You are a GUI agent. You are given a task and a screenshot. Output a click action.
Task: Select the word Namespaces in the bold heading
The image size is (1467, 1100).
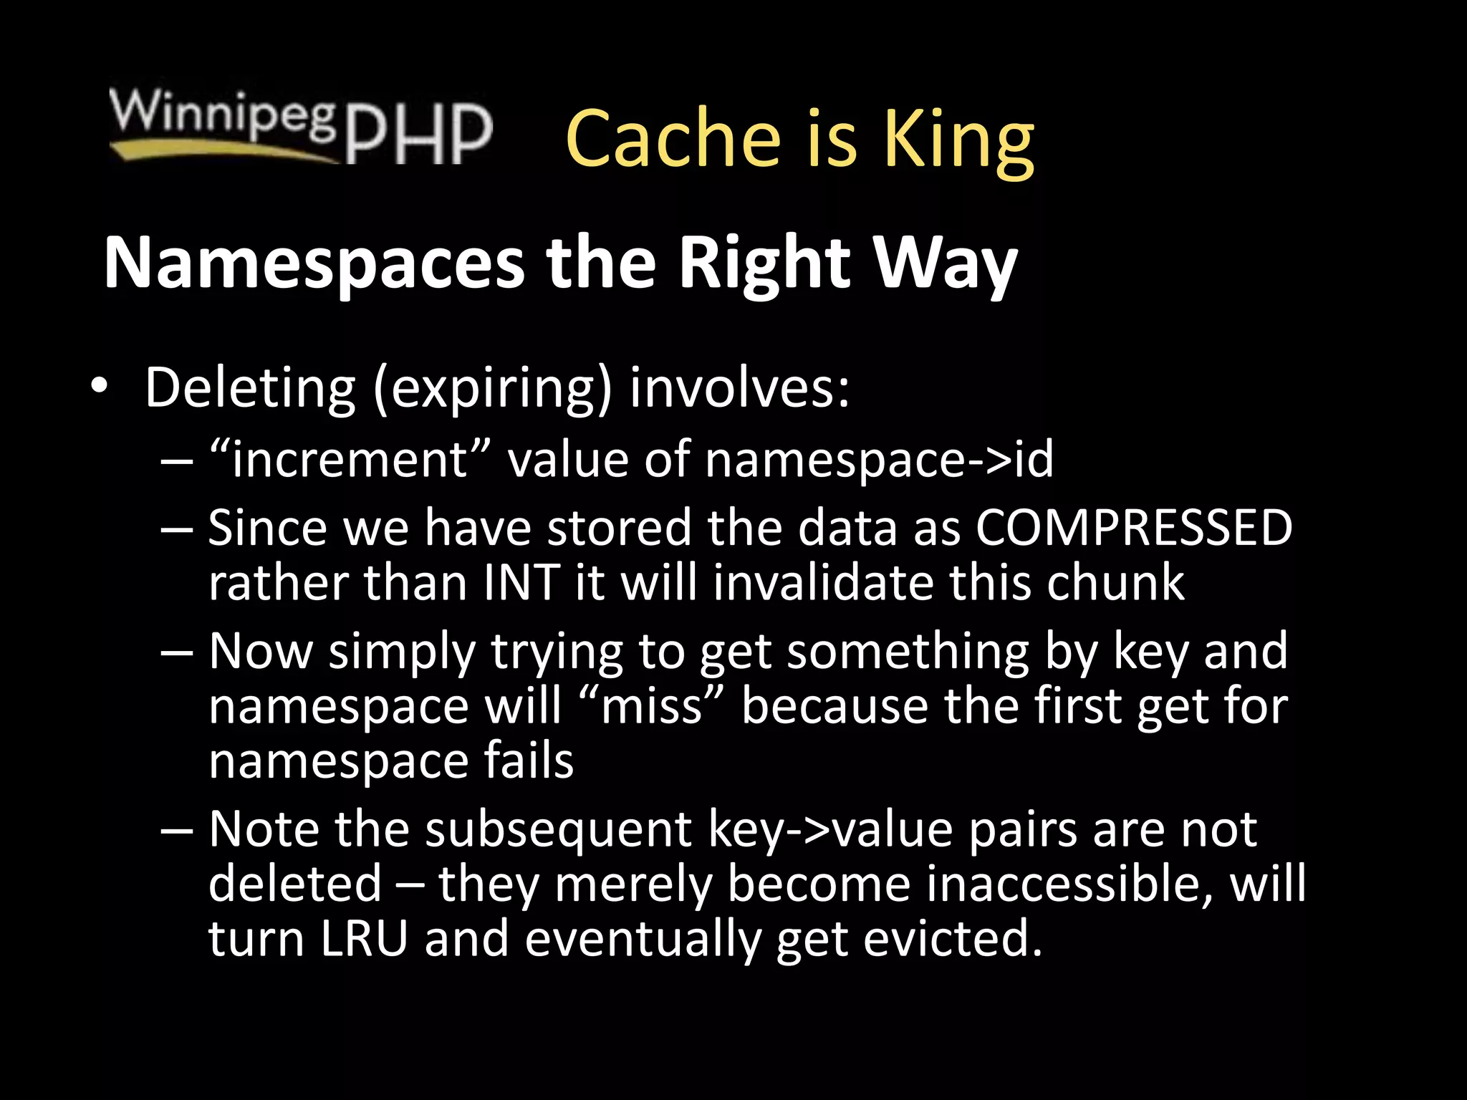point(314,263)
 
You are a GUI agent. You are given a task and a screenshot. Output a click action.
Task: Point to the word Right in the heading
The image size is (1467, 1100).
point(764,263)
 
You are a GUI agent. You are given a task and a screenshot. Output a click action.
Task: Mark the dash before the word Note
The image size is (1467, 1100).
point(177,831)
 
